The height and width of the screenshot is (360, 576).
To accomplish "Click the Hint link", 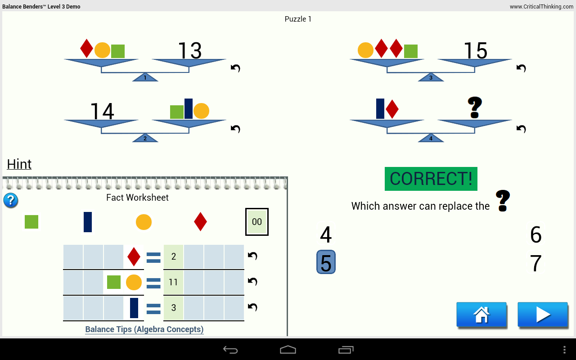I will [19, 164].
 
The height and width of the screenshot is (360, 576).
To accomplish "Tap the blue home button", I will [481, 315].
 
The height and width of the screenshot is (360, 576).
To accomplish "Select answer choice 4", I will [326, 235].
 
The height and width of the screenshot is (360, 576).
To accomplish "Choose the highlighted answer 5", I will [326, 262].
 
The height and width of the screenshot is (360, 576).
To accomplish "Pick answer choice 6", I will [535, 235].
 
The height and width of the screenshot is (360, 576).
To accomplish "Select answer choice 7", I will [535, 264].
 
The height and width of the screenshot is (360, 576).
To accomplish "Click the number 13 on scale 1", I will [189, 51].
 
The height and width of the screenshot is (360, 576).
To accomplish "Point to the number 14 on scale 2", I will [102, 112].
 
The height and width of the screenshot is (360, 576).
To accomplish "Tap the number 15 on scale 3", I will [475, 51].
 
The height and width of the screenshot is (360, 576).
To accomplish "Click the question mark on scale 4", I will [475, 108].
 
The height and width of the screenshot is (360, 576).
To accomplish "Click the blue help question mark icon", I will [11, 200].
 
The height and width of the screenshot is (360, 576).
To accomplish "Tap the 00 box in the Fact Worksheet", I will [257, 222].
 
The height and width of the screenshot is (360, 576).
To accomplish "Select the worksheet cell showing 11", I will [173, 282].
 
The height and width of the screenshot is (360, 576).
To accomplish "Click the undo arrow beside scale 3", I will [521, 68].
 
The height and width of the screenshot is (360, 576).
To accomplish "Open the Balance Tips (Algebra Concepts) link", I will [144, 329].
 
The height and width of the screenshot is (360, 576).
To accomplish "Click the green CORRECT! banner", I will [431, 179].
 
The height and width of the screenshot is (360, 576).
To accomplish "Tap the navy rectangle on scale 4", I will [380, 108].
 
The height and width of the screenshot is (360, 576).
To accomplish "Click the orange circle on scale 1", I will [102, 50].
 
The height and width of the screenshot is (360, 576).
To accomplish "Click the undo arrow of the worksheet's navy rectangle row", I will [252, 307].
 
